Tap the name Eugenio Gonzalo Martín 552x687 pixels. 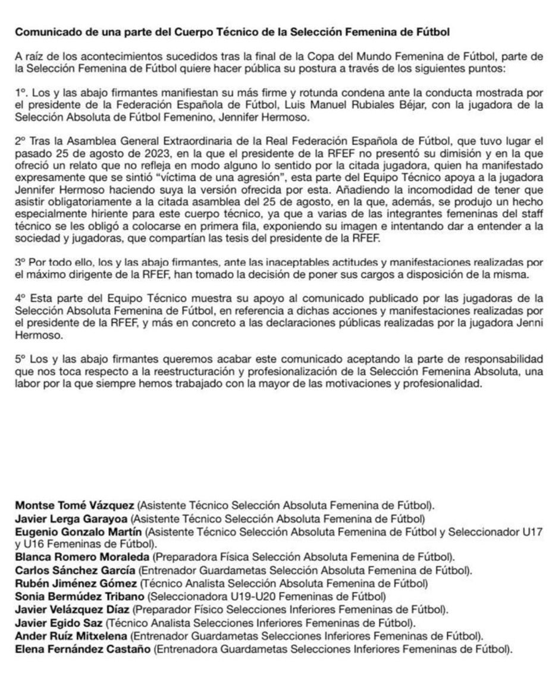[x=79, y=532]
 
